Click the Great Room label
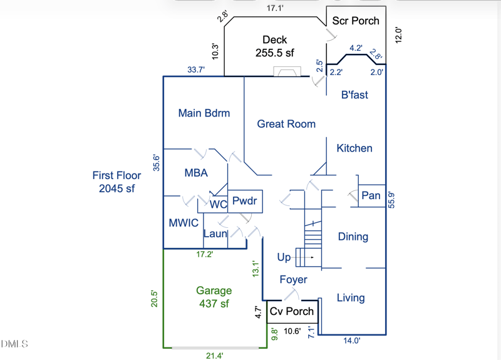pos(286,124)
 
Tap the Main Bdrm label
pos(204,113)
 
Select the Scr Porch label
pos(356,21)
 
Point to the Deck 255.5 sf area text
pos(275,47)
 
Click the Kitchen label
pos(354,148)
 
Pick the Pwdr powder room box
pos(244,202)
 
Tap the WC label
pos(218,204)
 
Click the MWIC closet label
pos(183,223)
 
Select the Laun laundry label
pos(215,234)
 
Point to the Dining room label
pos(353,237)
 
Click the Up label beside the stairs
pos(284,257)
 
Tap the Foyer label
pos(293,279)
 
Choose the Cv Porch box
pos(291,312)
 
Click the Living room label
pos(351,297)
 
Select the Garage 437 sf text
pos(214,297)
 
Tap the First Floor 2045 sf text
pos(117,182)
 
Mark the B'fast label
pos(354,95)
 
